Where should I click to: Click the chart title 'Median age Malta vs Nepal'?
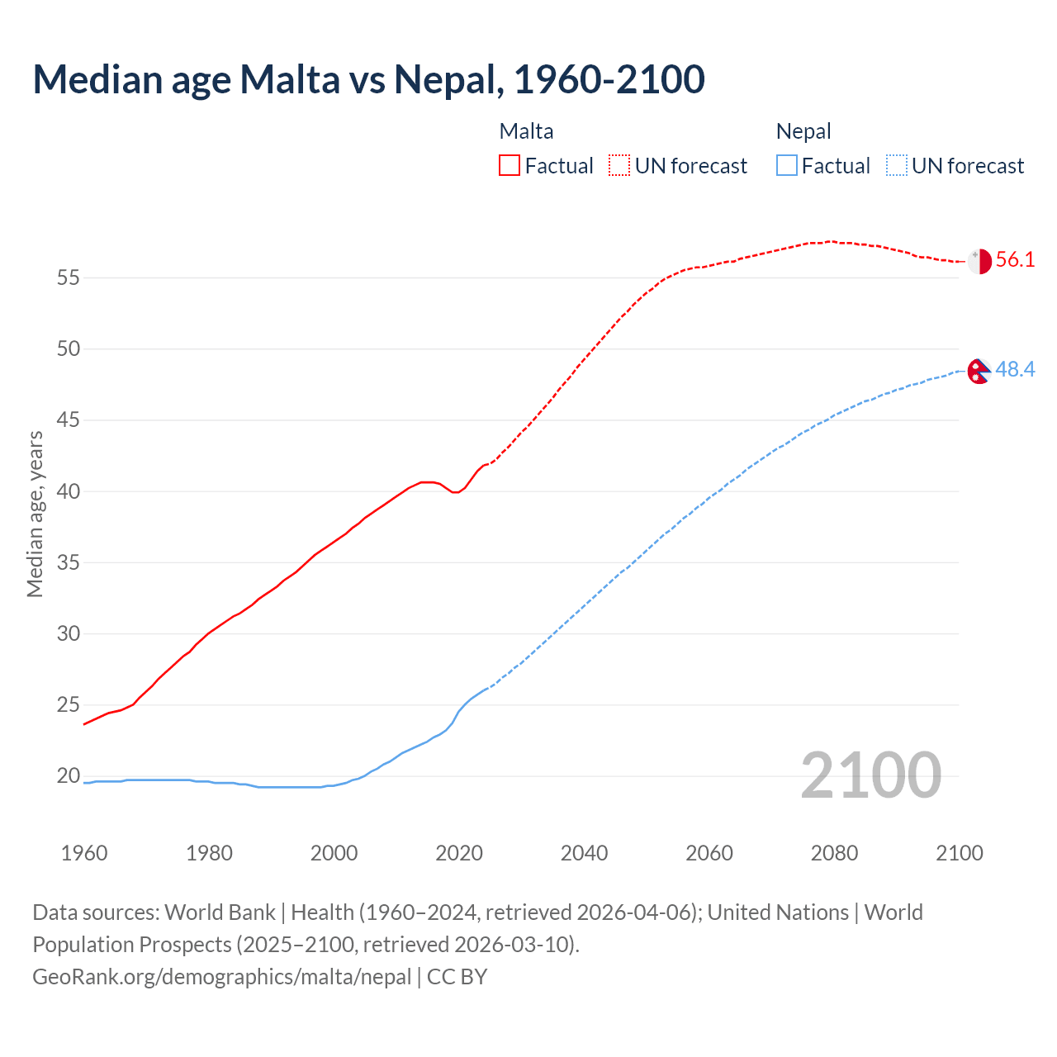click(368, 79)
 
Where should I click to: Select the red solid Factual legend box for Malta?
click(510, 166)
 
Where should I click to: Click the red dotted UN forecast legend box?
click(619, 166)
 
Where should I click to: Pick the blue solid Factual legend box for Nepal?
click(786, 166)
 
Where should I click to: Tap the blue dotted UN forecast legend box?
click(896, 166)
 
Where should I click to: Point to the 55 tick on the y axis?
click(69, 278)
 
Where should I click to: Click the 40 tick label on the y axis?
click(69, 492)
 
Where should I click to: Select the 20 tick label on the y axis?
click(69, 776)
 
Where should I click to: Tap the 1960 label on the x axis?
click(84, 853)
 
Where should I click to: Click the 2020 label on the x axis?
click(459, 853)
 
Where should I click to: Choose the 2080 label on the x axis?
click(834, 853)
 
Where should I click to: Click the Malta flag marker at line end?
click(979, 261)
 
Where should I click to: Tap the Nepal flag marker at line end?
click(978, 372)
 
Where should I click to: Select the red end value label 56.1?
click(1015, 260)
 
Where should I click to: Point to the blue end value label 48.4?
click(1015, 370)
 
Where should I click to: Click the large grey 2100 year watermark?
click(870, 775)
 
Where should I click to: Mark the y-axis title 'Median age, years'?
click(35, 514)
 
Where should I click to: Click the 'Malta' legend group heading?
click(526, 131)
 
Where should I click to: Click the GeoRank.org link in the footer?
click(221, 977)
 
